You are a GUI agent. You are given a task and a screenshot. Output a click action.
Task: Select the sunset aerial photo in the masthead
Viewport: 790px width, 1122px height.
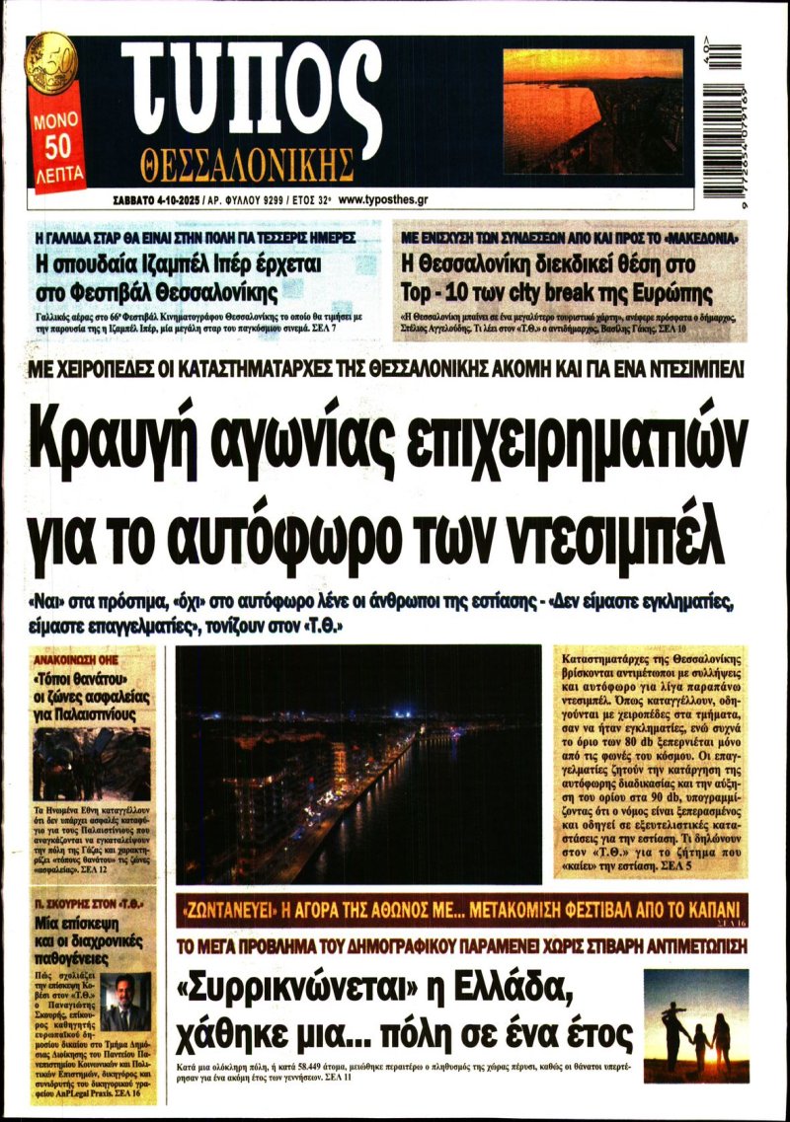tap(592, 111)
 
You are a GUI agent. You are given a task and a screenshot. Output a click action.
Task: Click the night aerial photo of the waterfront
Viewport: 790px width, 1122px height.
tap(358, 765)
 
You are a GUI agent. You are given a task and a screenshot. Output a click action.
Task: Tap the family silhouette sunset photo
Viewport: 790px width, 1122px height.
tap(695, 1011)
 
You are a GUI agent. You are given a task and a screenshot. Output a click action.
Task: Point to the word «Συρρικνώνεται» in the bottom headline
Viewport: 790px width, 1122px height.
tap(277, 986)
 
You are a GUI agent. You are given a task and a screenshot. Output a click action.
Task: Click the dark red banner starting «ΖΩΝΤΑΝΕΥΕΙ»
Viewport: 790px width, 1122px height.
tap(462, 909)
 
